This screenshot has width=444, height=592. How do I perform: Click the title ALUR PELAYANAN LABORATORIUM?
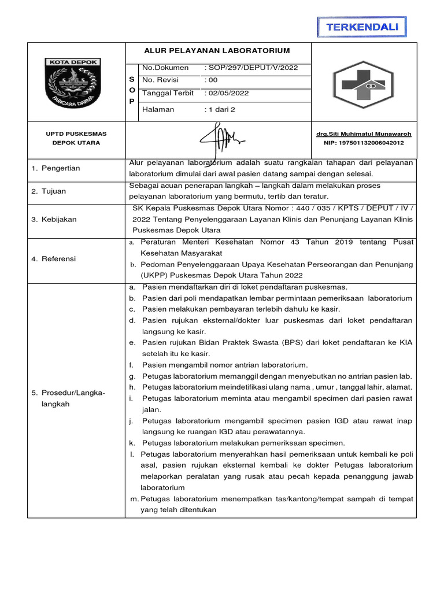217,51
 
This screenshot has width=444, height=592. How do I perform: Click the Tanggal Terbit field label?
168,93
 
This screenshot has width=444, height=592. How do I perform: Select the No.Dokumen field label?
165,68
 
